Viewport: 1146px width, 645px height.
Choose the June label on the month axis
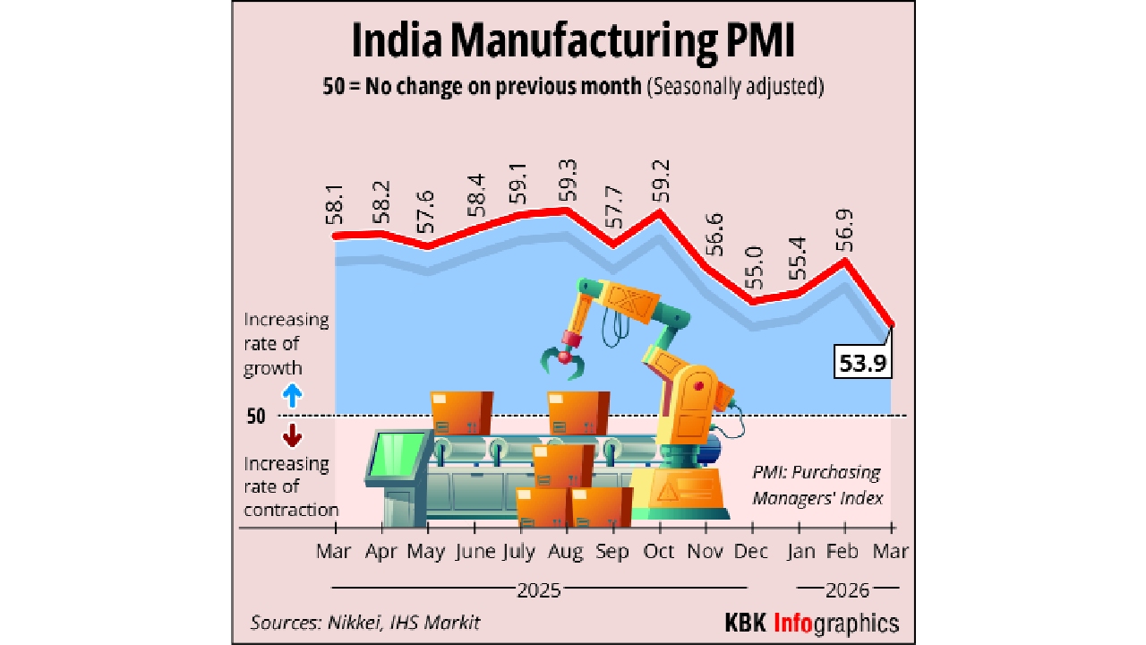(x=475, y=552)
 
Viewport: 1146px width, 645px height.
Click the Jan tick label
(x=800, y=552)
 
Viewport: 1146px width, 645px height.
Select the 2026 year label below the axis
(x=847, y=590)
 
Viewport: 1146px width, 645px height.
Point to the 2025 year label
(x=538, y=590)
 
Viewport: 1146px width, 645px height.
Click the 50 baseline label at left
(x=256, y=417)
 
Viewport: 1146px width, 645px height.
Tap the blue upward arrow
(x=291, y=395)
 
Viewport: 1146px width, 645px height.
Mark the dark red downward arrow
(x=291, y=437)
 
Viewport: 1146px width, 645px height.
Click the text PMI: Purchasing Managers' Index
(x=817, y=485)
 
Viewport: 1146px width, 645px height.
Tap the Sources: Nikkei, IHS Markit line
(x=364, y=623)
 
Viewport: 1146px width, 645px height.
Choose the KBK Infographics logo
(x=811, y=623)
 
